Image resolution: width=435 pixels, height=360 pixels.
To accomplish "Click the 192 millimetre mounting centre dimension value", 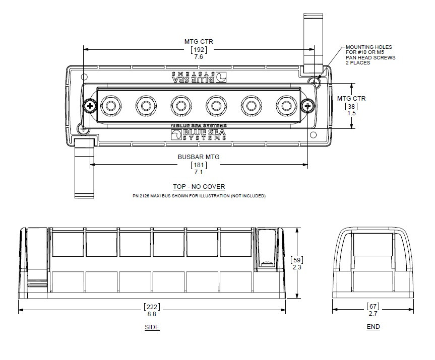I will pyautogui.click(x=199, y=49).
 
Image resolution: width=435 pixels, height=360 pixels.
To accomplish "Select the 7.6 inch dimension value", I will pyautogui.click(x=199, y=57).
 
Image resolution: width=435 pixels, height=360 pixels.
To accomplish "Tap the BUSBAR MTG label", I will pyautogui.click(x=199, y=157).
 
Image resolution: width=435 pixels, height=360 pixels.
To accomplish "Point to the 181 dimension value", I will pyautogui.click(x=199, y=165).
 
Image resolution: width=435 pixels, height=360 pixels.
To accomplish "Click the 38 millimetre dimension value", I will pyautogui.click(x=351, y=106).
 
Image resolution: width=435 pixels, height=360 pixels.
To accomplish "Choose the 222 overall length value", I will pyautogui.click(x=152, y=307).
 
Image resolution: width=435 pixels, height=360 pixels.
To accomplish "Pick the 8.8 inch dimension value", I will pyautogui.click(x=152, y=314).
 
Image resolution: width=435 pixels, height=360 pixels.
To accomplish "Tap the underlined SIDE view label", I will pyautogui.click(x=152, y=327).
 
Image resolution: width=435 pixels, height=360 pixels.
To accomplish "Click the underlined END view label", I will pyautogui.click(x=373, y=327).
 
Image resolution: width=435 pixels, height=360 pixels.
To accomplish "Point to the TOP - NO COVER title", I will pyautogui.click(x=199, y=186).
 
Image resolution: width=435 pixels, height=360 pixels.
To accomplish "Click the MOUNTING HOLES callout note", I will pyautogui.click(x=370, y=54).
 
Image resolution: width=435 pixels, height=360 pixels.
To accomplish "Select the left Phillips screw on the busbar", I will pyautogui.click(x=91, y=106).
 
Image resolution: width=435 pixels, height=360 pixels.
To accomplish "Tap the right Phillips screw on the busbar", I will pyautogui.click(x=307, y=106).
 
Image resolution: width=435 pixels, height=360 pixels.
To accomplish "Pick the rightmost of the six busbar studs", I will pyautogui.click(x=286, y=106).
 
